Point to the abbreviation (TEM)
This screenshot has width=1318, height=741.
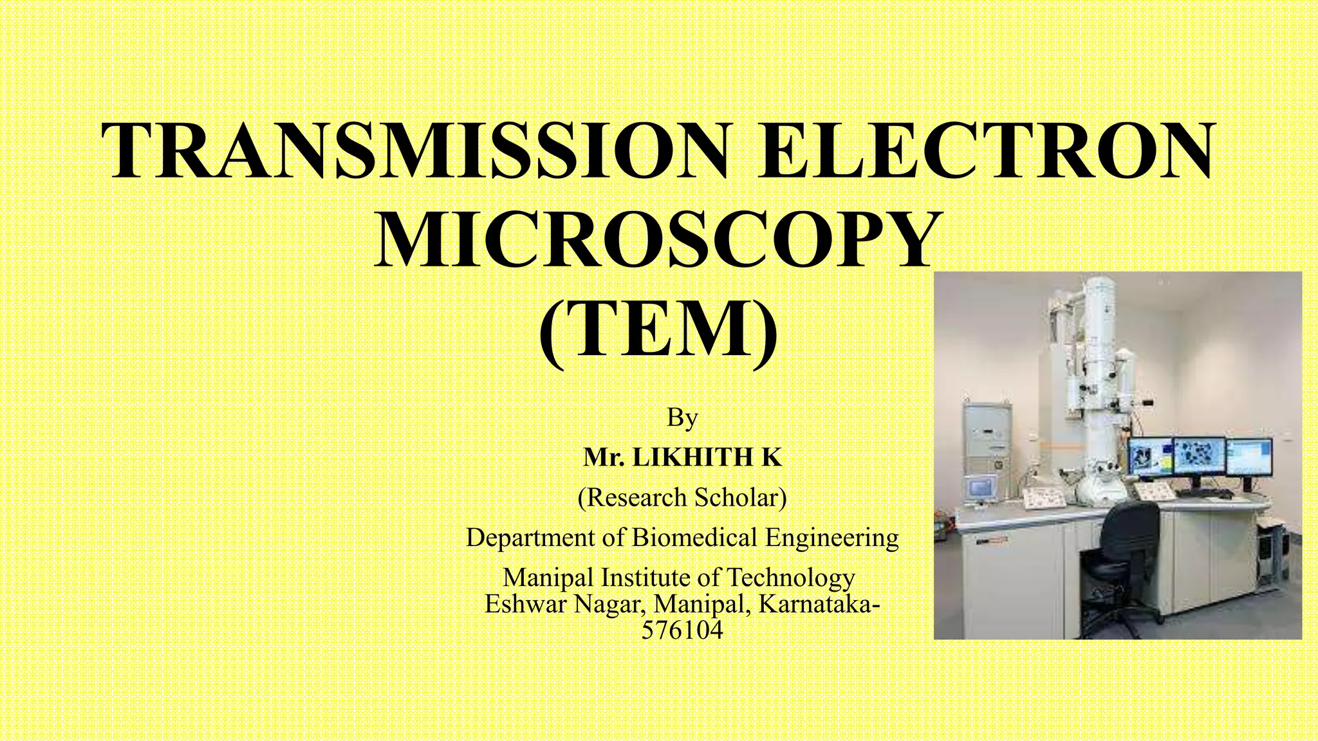pos(658,328)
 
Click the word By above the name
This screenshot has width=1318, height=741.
pos(682,418)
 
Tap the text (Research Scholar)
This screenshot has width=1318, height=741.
pos(682,497)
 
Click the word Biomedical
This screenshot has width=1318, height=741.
pos(695,537)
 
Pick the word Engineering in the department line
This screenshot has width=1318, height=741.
pos(831,537)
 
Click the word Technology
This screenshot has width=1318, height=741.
pos(790,578)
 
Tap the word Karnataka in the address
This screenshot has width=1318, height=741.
pos(812,605)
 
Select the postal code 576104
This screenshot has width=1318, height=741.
pos(682,630)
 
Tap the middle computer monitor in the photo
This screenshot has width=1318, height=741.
pos(1198,458)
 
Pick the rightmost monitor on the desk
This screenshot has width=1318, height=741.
pos(1248,458)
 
